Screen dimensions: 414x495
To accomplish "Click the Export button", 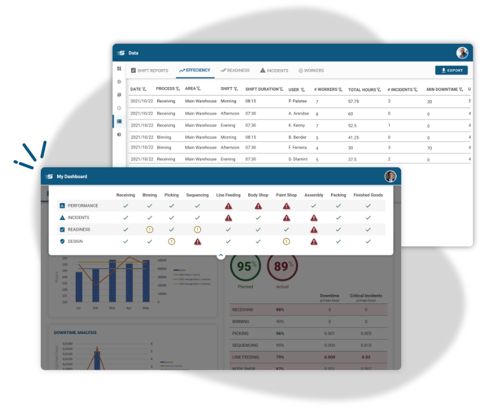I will (451, 70).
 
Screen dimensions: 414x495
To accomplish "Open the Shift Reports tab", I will (150, 70).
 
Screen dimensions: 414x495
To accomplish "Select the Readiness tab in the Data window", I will (235, 70).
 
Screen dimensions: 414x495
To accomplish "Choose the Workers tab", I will (311, 70).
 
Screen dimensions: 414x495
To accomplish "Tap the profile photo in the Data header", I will (462, 53).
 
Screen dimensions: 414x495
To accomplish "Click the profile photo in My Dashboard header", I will (390, 176).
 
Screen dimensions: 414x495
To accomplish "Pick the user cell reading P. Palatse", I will (298, 102).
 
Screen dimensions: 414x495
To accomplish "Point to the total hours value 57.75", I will (353, 102).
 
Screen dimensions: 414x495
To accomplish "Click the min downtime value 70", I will (430, 148).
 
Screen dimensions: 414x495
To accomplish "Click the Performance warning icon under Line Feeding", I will (228, 205).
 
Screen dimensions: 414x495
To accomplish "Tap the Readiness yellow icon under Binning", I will (150, 230).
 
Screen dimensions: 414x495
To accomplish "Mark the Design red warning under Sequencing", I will (198, 242).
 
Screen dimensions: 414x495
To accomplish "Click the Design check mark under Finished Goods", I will (368, 242).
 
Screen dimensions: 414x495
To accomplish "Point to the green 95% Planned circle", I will (245, 267).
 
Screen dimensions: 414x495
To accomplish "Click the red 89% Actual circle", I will (282, 267).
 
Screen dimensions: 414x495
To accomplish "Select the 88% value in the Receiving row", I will (280, 309).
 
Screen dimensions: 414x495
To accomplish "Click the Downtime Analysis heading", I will (75, 332).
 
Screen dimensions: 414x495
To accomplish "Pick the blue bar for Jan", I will (79, 287).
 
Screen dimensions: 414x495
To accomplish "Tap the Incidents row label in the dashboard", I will (78, 218).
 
